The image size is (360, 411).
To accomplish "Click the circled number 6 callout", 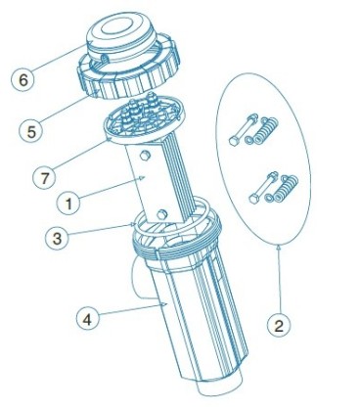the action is point(22,80).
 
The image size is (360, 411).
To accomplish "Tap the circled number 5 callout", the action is point(31,132).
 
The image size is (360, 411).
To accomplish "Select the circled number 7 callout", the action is point(44,178).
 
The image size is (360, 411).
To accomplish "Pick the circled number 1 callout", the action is point(68,205).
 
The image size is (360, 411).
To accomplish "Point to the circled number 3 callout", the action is point(57,239).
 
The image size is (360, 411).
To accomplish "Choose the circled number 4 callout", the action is point(87,320).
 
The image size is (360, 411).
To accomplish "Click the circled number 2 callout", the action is point(278,326).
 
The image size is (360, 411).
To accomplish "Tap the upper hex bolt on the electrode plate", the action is point(145,156).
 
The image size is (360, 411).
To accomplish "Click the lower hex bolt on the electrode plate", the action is point(161,214).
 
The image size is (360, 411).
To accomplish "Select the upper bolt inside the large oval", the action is point(244,130).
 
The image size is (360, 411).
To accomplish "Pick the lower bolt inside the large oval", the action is point(263,188).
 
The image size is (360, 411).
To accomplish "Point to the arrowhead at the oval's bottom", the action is point(278,248).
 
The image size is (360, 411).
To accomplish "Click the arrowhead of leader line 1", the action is point(142,177).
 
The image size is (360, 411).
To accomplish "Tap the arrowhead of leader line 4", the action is point(164,304).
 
